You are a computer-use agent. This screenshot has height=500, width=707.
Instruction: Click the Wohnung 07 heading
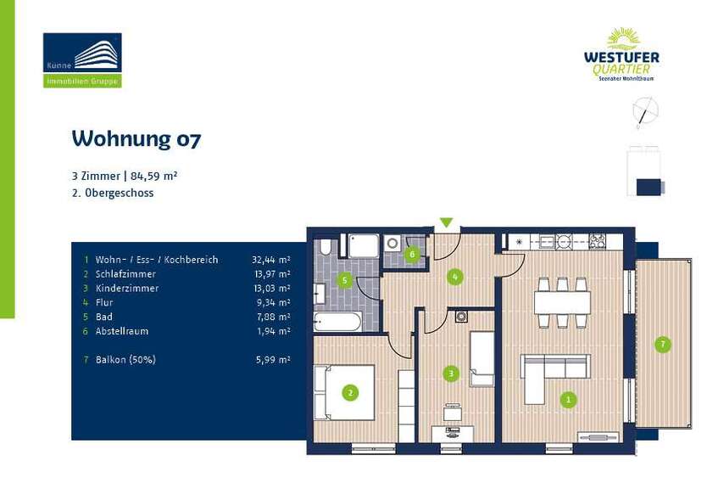(136, 138)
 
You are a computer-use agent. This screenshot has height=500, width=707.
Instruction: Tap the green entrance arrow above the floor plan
(446, 223)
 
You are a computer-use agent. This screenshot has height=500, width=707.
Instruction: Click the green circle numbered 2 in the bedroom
(348, 391)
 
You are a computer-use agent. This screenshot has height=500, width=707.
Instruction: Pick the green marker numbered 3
(452, 372)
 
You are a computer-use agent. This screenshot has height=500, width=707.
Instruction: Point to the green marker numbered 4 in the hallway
(455, 276)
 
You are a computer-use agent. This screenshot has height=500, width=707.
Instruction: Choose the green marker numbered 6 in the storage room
(412, 253)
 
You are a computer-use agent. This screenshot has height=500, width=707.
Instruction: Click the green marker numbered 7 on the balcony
(662, 344)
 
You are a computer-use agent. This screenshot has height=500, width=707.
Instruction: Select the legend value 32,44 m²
(270, 260)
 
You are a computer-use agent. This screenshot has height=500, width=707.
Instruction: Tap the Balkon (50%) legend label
(125, 360)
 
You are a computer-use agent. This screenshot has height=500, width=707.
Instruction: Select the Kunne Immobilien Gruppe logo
(82, 60)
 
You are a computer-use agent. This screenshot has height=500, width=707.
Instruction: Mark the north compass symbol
(646, 110)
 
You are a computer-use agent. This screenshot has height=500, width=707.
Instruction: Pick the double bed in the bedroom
(344, 392)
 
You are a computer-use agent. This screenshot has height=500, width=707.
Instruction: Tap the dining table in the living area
(562, 301)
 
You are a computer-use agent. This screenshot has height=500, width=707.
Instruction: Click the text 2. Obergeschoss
(113, 194)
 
